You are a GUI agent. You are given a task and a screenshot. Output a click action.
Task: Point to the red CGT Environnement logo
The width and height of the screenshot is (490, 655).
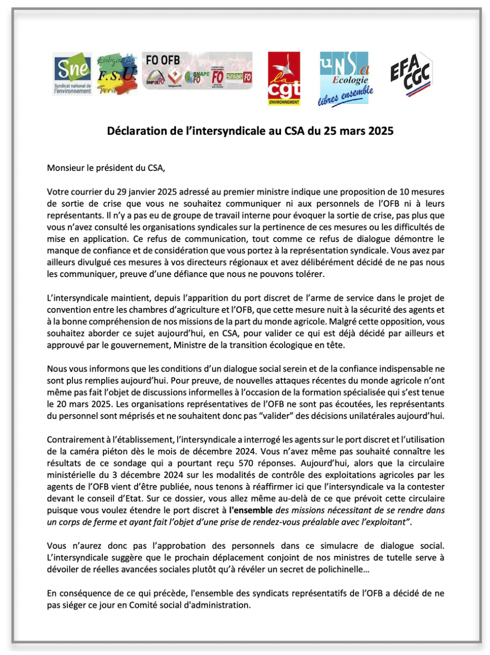pos(284,79)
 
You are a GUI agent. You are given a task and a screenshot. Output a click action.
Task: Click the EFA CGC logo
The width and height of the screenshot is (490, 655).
pos(414,73)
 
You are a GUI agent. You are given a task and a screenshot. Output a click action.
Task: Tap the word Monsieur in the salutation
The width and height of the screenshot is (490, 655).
pos(65,168)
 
